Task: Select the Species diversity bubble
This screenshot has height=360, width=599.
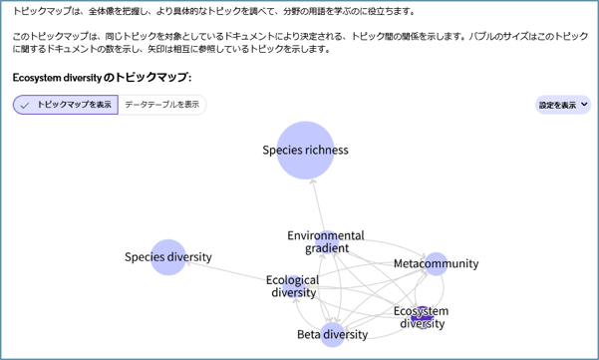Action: [x=168, y=257]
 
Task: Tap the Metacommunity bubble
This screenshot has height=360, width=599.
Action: [x=436, y=263]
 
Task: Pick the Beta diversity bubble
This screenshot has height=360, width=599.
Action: [x=333, y=334]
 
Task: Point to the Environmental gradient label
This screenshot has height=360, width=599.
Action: [x=326, y=241]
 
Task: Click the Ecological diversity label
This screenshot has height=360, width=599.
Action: [x=293, y=286]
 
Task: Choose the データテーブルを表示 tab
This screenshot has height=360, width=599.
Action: [x=162, y=105]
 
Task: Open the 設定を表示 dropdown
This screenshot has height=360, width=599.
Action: [x=563, y=105]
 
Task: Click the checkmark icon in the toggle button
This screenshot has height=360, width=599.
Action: [x=25, y=105]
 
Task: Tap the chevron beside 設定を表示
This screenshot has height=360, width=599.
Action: [x=584, y=105]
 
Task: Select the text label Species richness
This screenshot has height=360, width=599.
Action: [x=305, y=151]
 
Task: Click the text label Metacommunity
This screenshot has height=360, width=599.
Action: [x=437, y=264]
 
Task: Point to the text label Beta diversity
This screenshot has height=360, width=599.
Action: [x=333, y=335]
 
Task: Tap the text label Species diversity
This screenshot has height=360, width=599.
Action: [x=168, y=257]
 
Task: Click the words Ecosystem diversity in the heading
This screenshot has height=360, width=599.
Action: [x=60, y=77]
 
